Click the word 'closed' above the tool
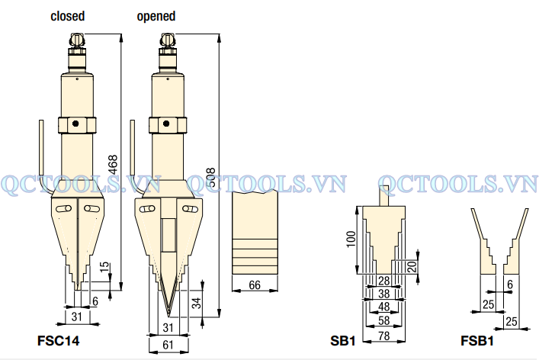pos(67,16)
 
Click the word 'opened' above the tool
pos(156,16)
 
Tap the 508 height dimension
pos(210,178)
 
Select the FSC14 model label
pos(58,341)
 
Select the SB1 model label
pos(343,341)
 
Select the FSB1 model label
pos(477,341)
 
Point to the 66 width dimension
pos(255,284)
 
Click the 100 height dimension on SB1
pos(351,239)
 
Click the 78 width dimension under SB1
pos(384,336)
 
